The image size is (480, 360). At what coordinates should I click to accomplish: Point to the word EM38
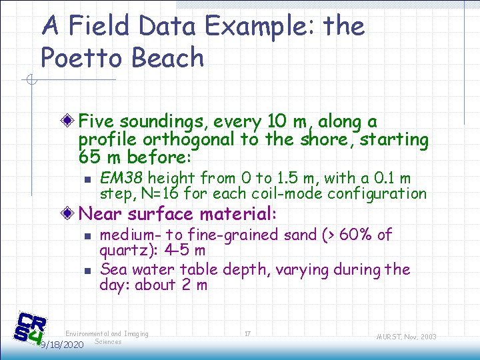click(121, 178)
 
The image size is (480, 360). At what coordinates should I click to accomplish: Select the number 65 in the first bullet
click(89, 158)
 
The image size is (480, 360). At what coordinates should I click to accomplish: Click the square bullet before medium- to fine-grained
click(87, 236)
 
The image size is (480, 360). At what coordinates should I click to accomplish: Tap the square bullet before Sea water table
click(87, 271)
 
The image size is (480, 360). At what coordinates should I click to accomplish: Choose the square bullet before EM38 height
click(87, 179)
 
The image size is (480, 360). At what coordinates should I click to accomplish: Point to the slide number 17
click(247, 334)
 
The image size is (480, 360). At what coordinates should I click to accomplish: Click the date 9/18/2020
click(61, 345)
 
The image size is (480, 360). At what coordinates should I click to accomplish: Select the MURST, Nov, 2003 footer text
click(406, 337)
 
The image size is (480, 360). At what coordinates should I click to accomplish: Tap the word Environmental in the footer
click(87, 334)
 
